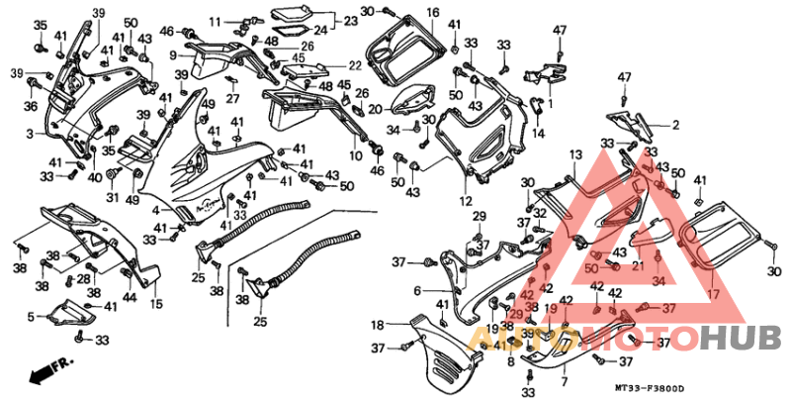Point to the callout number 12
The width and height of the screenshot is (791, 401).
pyautogui.click(x=465, y=201)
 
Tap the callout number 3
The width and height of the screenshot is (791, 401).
pyautogui.click(x=30, y=133)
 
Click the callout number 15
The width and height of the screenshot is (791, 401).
pyautogui.click(x=156, y=304)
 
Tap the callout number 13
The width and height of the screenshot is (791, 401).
pyautogui.click(x=573, y=154)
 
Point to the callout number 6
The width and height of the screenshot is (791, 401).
pyautogui.click(x=418, y=290)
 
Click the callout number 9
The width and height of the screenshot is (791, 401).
pyautogui.click(x=173, y=54)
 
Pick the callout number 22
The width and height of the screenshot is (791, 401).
pyautogui.click(x=356, y=65)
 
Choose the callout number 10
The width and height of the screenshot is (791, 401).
pyautogui.click(x=356, y=156)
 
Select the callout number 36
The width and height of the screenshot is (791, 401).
pyautogui.click(x=30, y=107)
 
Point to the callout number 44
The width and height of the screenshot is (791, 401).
pyautogui.click(x=129, y=298)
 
